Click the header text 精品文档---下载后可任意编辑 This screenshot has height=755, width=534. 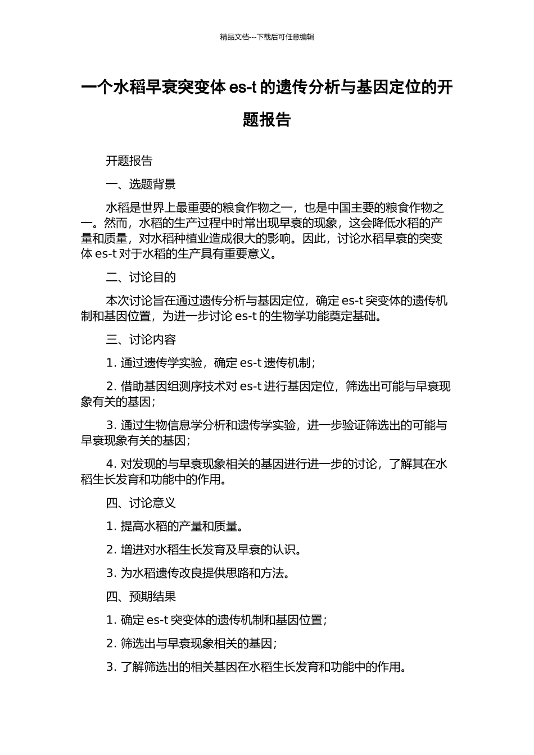[267, 37]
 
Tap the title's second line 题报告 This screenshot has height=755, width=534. [267, 120]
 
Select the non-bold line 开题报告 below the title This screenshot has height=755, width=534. [129, 161]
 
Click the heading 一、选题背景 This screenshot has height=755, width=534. [141, 184]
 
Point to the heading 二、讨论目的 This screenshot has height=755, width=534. [141, 278]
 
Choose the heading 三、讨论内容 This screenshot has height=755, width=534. [141, 340]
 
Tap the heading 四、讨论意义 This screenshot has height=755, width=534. [141, 503]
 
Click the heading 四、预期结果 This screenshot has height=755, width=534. [141, 597]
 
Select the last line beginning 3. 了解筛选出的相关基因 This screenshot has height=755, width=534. [256, 667]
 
